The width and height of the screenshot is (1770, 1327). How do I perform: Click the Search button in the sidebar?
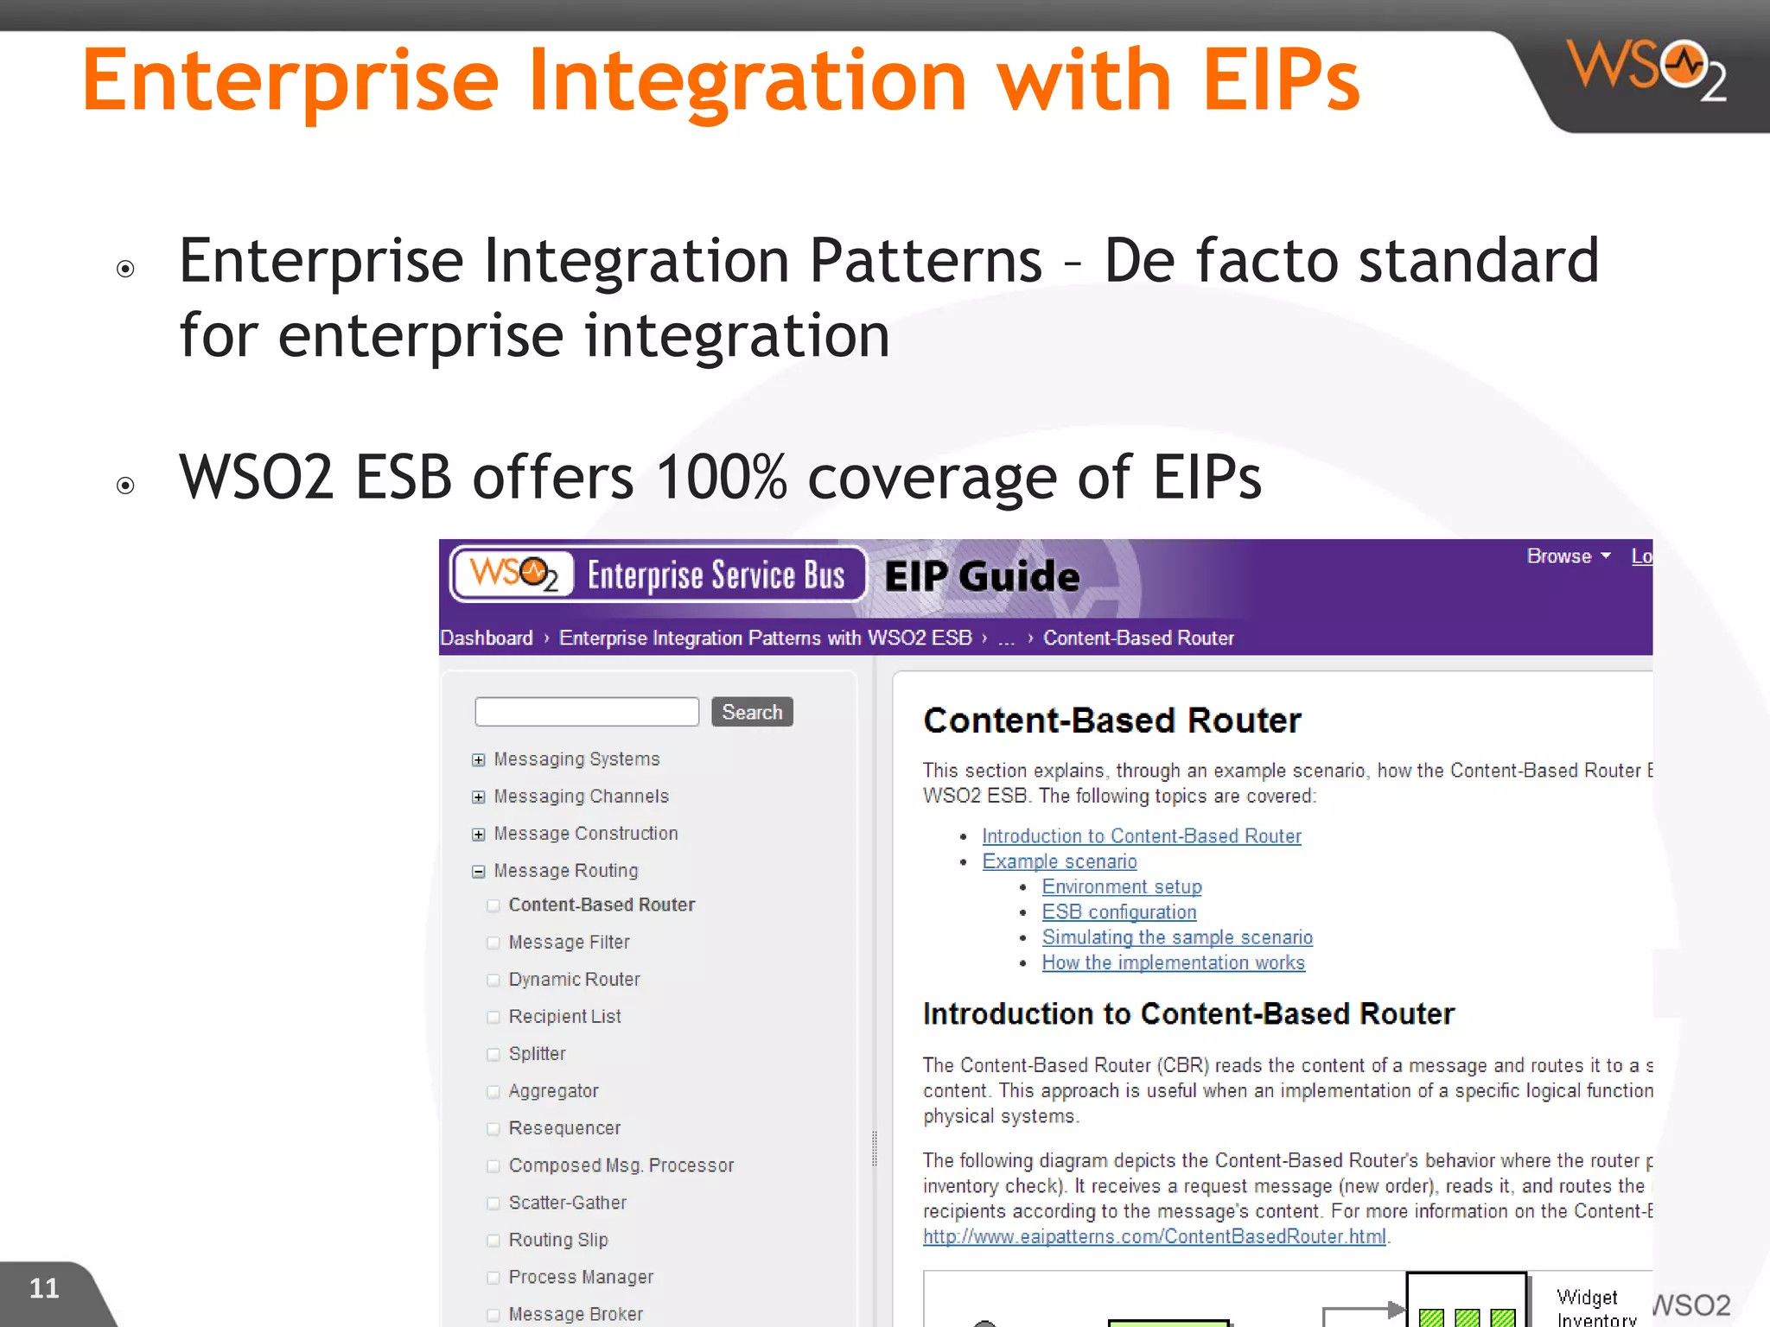(752, 712)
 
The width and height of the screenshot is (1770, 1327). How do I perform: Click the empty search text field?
(587, 712)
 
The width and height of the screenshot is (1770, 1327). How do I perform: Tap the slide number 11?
(44, 1288)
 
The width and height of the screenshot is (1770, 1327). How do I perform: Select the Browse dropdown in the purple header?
(1568, 556)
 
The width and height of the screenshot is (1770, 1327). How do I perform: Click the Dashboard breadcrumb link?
(487, 638)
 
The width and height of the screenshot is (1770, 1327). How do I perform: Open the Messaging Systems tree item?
(576, 759)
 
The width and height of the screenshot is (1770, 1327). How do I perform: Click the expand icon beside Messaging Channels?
(479, 797)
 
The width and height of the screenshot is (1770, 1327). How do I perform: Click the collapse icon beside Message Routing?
(479, 872)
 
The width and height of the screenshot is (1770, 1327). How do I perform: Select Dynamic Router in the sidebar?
(574, 980)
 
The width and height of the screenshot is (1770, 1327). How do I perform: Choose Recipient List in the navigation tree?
(564, 1017)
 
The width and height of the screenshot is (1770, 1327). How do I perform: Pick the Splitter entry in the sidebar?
(537, 1054)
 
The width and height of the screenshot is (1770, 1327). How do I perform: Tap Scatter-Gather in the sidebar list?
(567, 1203)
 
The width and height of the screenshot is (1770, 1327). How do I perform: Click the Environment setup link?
(1121, 887)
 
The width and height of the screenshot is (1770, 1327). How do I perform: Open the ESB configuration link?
(1118, 912)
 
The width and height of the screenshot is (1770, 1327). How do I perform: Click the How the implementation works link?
(1173, 963)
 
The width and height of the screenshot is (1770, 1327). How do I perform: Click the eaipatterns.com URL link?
(1154, 1237)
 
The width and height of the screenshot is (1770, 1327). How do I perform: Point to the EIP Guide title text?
(982, 576)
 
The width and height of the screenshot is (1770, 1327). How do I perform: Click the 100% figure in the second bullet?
(721, 477)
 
